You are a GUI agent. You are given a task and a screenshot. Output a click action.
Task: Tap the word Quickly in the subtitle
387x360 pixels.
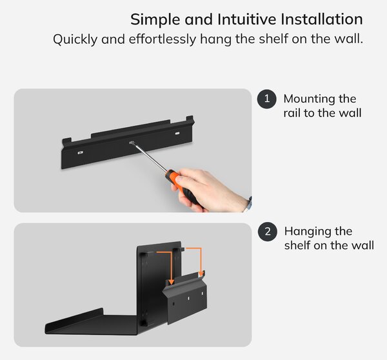click(75, 39)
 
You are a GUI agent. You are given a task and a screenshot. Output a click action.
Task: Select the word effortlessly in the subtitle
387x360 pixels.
click(163, 39)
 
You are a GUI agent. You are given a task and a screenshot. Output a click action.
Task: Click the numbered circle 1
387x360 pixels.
click(267, 99)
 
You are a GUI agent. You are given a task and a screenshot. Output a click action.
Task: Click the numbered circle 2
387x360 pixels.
click(268, 232)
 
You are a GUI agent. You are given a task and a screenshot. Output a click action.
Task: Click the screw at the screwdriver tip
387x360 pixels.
click(132, 143)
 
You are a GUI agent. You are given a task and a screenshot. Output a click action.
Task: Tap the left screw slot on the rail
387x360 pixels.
click(80, 153)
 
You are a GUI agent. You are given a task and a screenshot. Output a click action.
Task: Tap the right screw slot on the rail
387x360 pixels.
click(177, 134)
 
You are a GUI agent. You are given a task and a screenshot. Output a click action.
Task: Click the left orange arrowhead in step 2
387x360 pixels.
click(171, 282)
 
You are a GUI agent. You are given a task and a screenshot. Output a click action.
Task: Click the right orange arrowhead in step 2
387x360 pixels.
click(201, 274)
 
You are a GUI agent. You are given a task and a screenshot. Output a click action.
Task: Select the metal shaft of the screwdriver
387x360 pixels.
click(150, 157)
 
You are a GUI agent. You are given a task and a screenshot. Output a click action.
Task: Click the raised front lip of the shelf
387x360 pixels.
click(74, 319)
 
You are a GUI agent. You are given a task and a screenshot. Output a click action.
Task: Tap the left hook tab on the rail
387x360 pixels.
click(66, 142)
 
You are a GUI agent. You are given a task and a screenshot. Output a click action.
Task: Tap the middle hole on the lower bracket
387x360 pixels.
click(188, 298)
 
